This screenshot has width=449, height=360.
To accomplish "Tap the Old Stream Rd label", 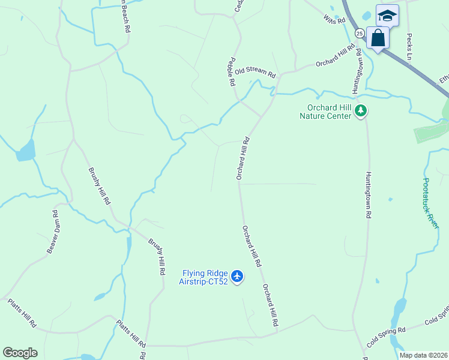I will (x=255, y=73).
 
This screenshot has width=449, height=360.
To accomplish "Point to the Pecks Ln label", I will (x=411, y=46).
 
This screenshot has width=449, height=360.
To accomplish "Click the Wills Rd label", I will (x=335, y=20).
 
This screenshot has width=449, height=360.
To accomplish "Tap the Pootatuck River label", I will (x=430, y=203).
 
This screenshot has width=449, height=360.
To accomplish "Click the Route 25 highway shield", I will (x=359, y=33).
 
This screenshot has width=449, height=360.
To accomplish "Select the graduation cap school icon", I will (x=387, y=15).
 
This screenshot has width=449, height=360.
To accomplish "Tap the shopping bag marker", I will (x=378, y=38).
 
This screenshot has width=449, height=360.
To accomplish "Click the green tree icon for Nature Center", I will (x=361, y=110).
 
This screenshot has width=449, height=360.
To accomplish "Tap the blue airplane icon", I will (x=238, y=277).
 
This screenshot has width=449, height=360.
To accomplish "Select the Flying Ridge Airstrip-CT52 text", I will (x=204, y=277).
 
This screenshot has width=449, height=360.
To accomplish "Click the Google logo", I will (x=20, y=352).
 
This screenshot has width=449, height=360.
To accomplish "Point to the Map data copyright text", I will (x=423, y=355).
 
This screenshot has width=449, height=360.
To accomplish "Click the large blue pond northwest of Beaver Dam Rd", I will (x=25, y=151).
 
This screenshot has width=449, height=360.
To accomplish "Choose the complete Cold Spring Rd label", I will (x=386, y=337).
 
